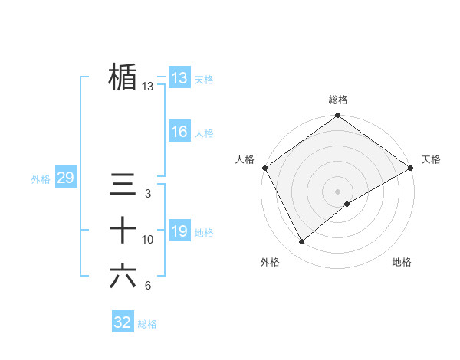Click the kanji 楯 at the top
pyautogui.click(x=123, y=77)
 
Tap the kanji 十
pyautogui.click(x=123, y=231)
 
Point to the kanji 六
pyautogui.click(x=123, y=277)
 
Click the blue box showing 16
pyautogui.click(x=179, y=132)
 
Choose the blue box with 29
pyautogui.click(x=65, y=178)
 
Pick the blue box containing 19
pyautogui.click(x=179, y=231)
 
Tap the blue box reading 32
pyautogui.click(x=123, y=322)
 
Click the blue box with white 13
pyautogui.click(x=179, y=78)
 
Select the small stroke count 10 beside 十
pyautogui.click(x=148, y=240)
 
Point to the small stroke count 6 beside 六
pyautogui.click(x=148, y=286)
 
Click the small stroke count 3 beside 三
pyautogui.click(x=148, y=194)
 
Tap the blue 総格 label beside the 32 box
pyautogui.click(x=147, y=324)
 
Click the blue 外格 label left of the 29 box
pyautogui.click(x=41, y=179)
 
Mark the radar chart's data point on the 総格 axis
pyautogui.click(x=337, y=116)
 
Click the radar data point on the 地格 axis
pyautogui.click(x=347, y=204)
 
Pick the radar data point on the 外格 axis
pyautogui.click(x=301, y=241)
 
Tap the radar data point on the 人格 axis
pyautogui.click(x=264, y=168)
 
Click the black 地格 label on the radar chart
pyautogui.click(x=402, y=262)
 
